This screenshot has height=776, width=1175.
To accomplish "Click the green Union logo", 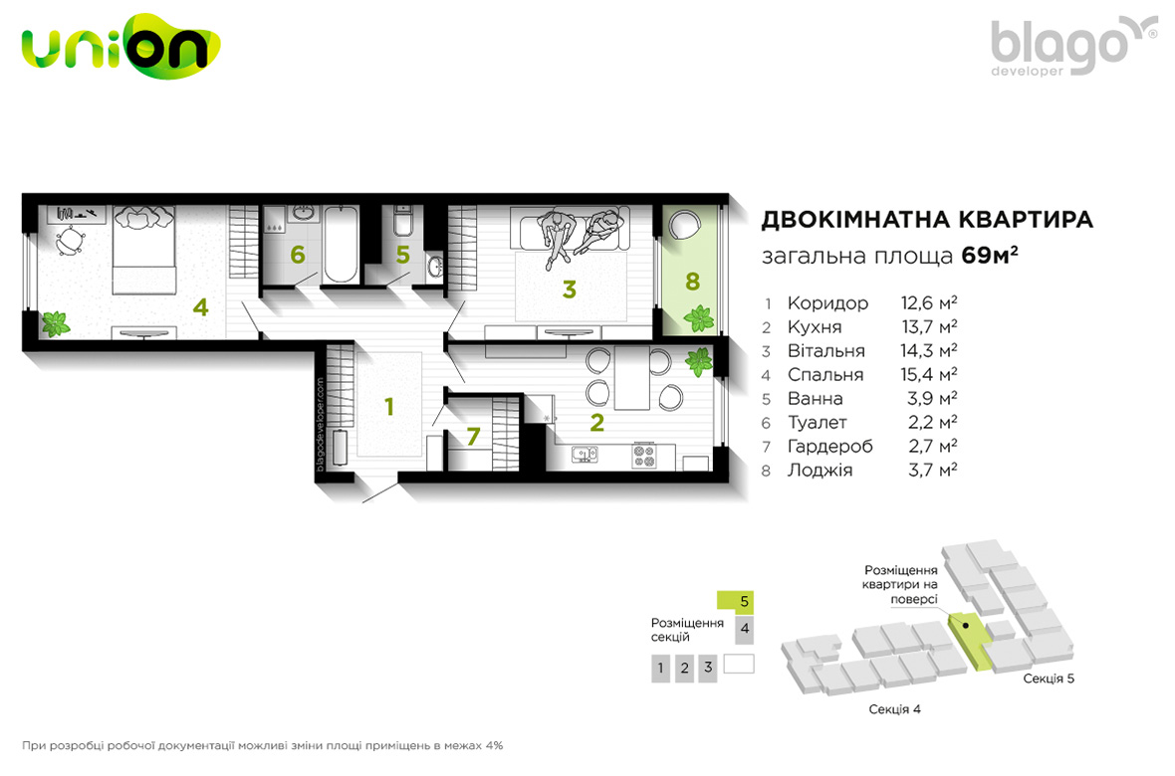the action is (120, 47).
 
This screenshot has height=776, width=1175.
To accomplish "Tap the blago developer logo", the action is (1073, 47).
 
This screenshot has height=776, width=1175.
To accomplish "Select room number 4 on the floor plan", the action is (200, 307).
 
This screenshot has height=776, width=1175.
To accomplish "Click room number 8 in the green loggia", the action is (692, 282).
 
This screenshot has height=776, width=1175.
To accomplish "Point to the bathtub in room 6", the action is (341, 244).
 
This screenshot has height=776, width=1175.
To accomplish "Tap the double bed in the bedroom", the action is (143, 250).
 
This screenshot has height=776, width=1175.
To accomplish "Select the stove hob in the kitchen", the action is (644, 457).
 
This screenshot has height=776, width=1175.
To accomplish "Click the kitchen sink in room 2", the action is (585, 454).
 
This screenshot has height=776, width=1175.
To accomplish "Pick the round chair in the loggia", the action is (683, 224).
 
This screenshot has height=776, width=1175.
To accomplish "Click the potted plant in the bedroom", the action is (55, 324).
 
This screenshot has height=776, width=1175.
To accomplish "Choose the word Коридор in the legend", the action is (827, 303).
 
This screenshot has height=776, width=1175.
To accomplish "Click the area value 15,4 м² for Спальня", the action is (928, 374).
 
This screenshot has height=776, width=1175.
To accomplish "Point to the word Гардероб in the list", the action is (829, 447).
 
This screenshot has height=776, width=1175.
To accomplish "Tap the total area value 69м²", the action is (989, 256).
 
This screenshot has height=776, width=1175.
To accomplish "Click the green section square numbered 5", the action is (735, 601).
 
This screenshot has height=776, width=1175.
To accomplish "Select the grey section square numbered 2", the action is (684, 669).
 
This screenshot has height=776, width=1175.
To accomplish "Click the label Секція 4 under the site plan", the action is (895, 709).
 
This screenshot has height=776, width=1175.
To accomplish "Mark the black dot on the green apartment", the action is (966, 626).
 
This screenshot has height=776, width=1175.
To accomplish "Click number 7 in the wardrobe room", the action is (473, 436).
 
